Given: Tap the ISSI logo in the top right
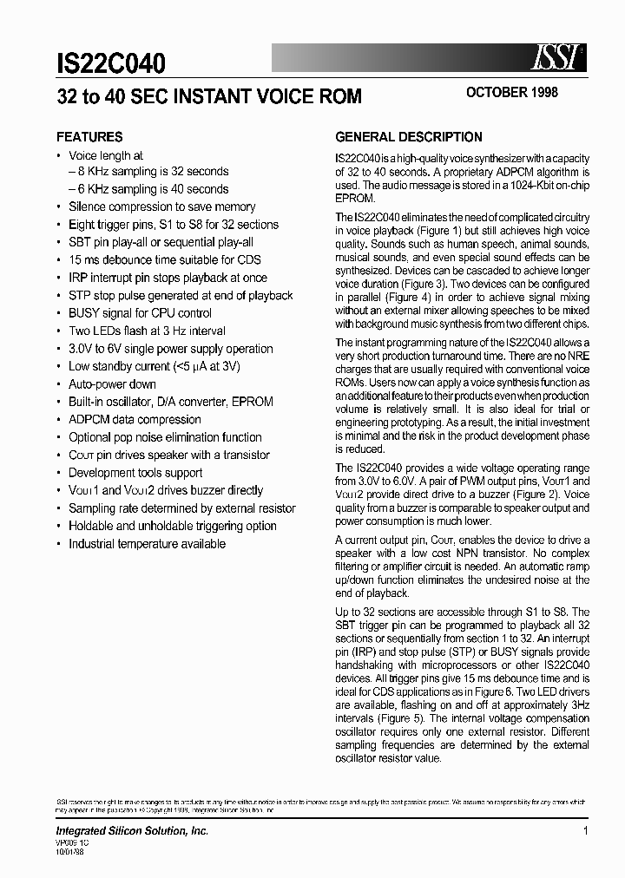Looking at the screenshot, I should [x=556, y=58].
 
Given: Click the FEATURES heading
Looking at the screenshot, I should [x=89, y=137].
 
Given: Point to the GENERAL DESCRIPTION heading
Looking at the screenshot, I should [x=409, y=137].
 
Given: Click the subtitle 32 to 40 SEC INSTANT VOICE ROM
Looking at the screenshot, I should [x=209, y=96].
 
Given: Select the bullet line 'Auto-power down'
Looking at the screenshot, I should [x=112, y=384].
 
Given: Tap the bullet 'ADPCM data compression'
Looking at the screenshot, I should [x=135, y=420].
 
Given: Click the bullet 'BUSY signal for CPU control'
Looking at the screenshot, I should [x=140, y=313].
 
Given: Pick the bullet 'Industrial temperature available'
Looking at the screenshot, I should [x=147, y=544].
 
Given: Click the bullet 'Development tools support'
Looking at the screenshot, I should [x=135, y=473].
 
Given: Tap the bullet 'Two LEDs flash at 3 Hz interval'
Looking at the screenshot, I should [x=147, y=331].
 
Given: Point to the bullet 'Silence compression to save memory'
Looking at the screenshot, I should [x=161, y=207].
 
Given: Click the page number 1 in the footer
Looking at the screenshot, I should [x=586, y=831].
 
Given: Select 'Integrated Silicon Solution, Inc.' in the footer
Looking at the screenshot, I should [x=132, y=831].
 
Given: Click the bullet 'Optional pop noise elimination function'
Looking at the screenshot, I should [x=165, y=437].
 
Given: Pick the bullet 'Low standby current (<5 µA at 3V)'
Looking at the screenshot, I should [x=154, y=366].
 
